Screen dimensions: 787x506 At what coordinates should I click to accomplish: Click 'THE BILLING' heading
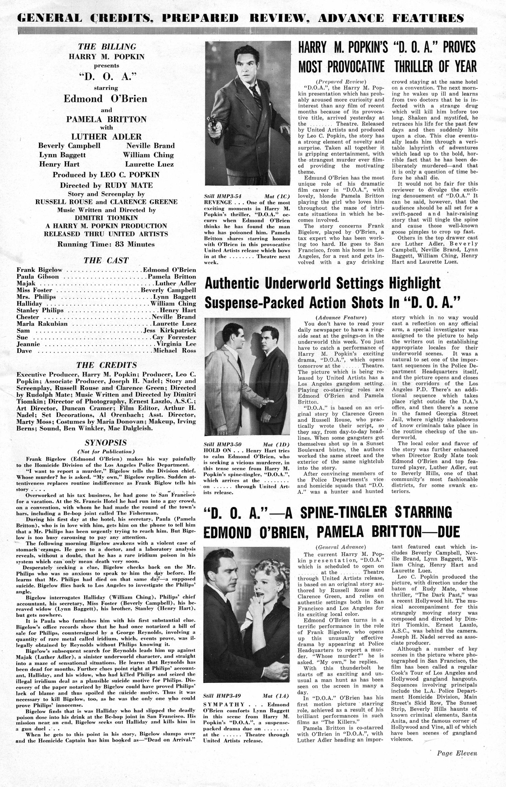point(107,47)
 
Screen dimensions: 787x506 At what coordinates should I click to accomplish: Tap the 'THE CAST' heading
point(106,261)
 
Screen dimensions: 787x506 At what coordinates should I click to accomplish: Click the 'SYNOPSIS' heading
point(106,443)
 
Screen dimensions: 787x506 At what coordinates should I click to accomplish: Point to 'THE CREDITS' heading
point(106,365)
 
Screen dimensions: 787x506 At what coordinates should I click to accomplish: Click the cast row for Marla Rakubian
point(106,324)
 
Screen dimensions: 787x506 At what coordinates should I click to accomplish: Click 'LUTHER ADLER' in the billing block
point(106,137)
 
